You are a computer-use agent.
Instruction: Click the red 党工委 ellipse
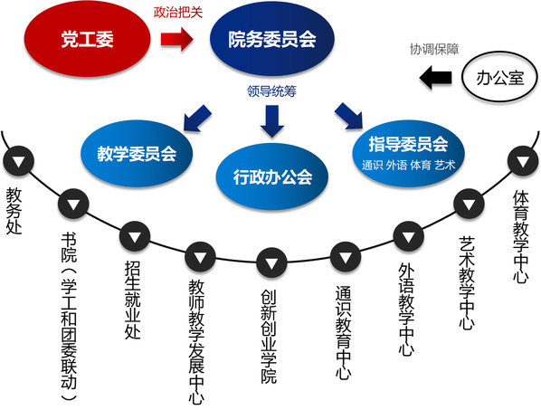[87, 38]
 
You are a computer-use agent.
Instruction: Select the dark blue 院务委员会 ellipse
[272, 38]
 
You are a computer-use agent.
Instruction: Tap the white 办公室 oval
[499, 77]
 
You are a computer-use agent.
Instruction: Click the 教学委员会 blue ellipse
[137, 153]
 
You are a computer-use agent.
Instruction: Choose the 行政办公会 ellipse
[272, 176]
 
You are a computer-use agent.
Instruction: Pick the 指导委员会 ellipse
[408, 153]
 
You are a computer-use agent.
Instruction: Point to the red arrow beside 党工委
[176, 39]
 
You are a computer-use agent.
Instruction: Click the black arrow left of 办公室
[435, 77]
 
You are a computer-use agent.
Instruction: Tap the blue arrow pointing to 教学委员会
[197, 118]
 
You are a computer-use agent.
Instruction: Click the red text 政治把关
[177, 13]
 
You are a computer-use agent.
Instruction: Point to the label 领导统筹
[272, 91]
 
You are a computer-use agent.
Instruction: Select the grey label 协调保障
[434, 49]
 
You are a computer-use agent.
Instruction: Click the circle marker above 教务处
[18, 161]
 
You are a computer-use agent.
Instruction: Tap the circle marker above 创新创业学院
[272, 263]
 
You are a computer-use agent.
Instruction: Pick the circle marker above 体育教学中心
[523, 161]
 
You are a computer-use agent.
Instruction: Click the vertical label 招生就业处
[133, 300]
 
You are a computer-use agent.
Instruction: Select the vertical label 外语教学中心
[406, 310]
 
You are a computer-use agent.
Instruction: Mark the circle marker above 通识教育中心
[346, 257]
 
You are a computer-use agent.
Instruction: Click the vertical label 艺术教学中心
[467, 283]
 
